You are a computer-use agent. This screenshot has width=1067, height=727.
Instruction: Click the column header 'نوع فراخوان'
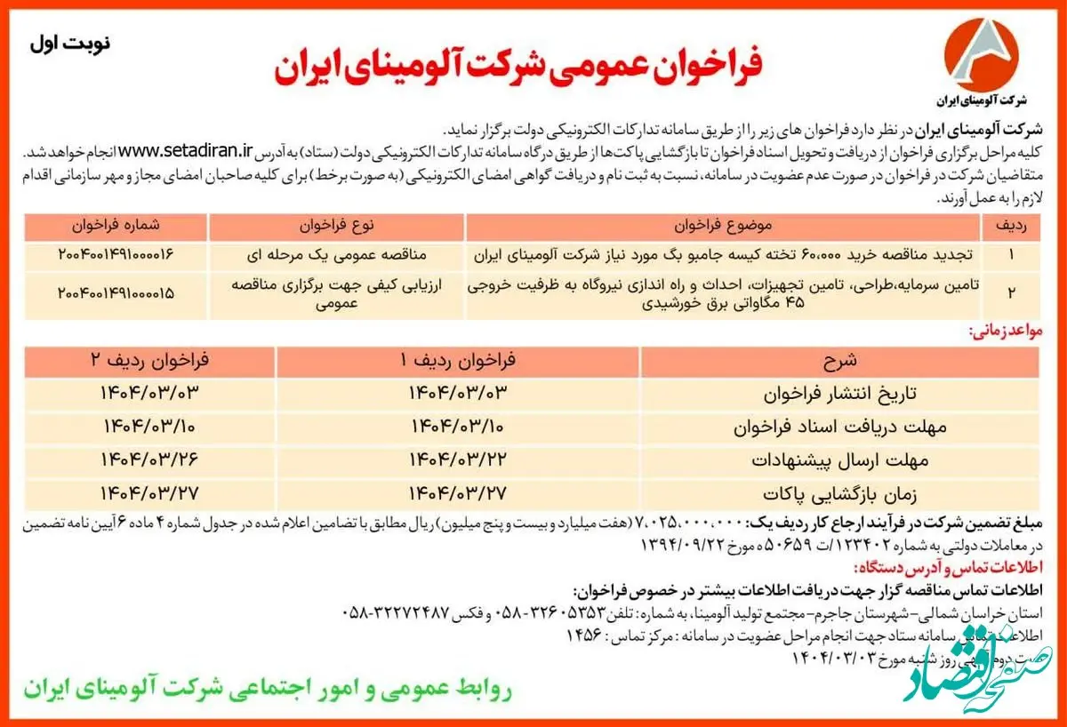pos(337,225)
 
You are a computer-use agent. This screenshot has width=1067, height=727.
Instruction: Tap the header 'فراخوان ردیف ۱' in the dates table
pos(459,362)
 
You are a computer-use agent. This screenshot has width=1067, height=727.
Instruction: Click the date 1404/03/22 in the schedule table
pos(457,459)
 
